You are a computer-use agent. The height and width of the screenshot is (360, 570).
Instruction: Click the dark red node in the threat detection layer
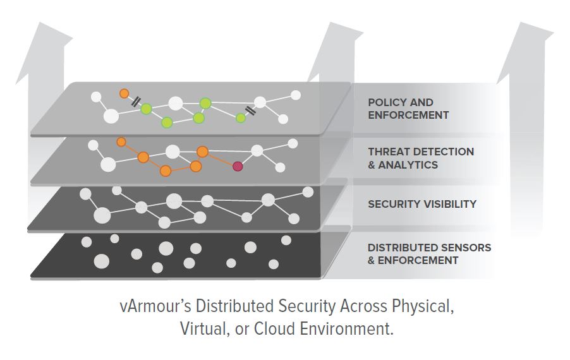click(238, 166)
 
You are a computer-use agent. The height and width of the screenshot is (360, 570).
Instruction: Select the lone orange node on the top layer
click(124, 93)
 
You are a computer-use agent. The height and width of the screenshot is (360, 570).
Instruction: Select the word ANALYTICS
click(408, 165)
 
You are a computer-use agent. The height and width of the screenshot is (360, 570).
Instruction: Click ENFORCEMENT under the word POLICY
click(408, 115)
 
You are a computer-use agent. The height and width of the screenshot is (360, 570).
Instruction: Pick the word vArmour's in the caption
click(155, 306)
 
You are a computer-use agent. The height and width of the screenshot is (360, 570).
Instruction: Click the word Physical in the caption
click(423, 306)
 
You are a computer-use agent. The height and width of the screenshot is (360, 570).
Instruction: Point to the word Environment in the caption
click(346, 329)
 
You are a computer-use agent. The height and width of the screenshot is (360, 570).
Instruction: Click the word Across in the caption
click(364, 306)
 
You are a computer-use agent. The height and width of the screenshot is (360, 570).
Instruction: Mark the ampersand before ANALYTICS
click(371, 165)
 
